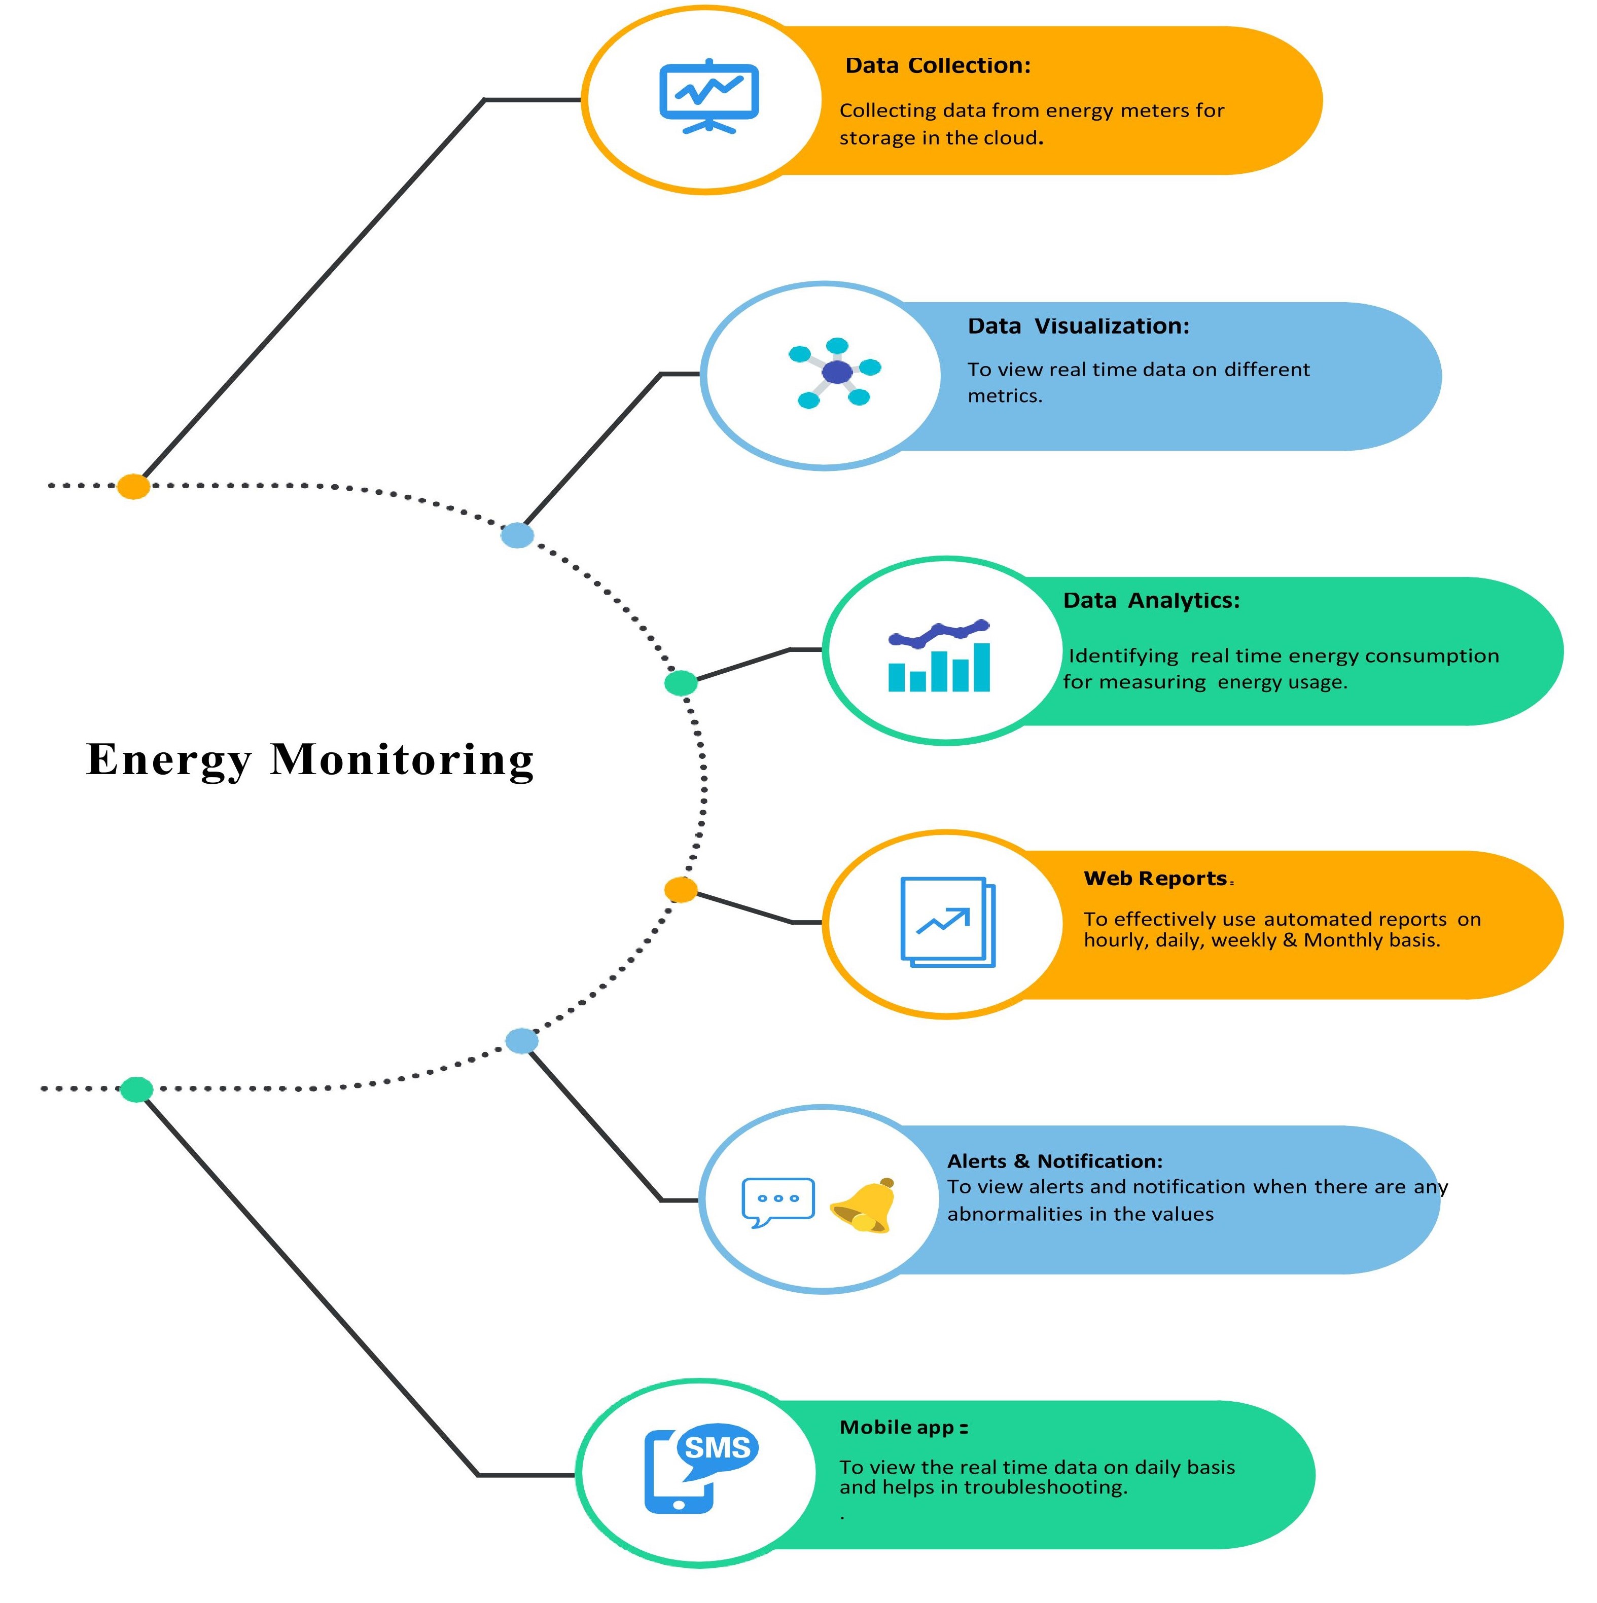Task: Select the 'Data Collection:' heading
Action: pyautogui.click(x=937, y=65)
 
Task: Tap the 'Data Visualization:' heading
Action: pyautogui.click(x=1077, y=326)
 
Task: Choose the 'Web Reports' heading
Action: pyautogui.click(x=1155, y=879)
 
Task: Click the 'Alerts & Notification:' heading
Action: pyautogui.click(x=1054, y=1161)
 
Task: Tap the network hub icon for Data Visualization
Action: pyautogui.click(x=835, y=373)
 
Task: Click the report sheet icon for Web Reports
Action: pyautogui.click(x=947, y=922)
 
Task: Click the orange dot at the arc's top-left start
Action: pyautogui.click(x=133, y=486)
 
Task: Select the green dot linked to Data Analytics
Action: pyautogui.click(x=681, y=683)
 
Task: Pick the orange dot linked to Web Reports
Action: pyautogui.click(x=681, y=889)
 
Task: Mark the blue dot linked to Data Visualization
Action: pyautogui.click(x=517, y=535)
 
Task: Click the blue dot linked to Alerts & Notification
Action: pyautogui.click(x=521, y=1040)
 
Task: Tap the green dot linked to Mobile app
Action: pyautogui.click(x=136, y=1089)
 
